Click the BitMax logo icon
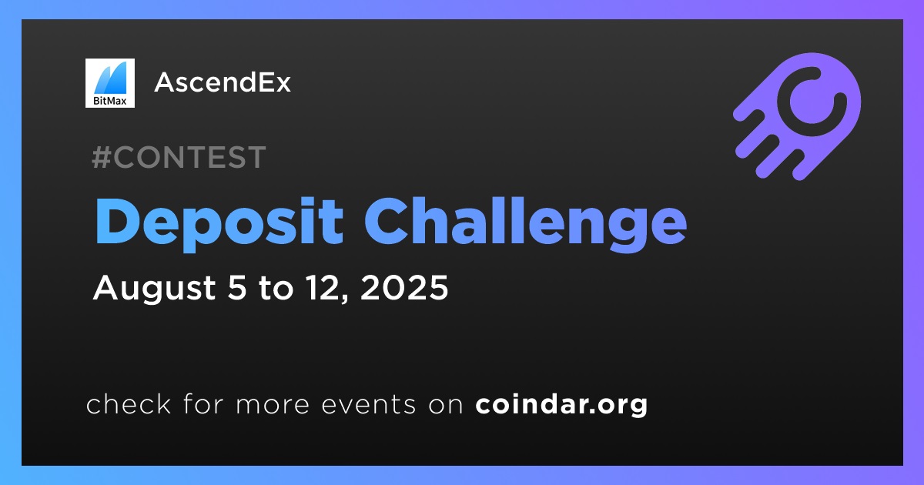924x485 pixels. point(110,83)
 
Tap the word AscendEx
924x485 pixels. point(223,82)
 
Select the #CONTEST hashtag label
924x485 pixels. point(179,157)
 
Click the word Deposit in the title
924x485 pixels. point(219,222)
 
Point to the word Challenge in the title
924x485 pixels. point(525,222)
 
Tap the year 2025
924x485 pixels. point(404,287)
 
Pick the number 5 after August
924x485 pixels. point(237,287)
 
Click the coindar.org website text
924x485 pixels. point(561,405)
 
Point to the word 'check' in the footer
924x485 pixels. point(129,403)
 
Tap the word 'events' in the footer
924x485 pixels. point(369,404)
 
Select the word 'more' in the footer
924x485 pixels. point(273,405)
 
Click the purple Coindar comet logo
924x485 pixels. point(797,116)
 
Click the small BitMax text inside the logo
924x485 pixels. point(109,100)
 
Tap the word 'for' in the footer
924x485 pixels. point(203,403)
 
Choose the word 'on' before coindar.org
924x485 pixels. point(446,405)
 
